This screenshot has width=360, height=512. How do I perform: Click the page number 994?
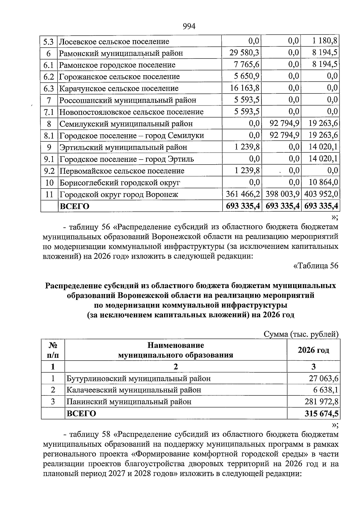(x=189, y=27)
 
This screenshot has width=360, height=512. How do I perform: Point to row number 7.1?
(x=49, y=112)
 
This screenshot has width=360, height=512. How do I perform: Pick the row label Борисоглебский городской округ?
(x=120, y=183)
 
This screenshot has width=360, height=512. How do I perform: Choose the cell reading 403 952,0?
(x=321, y=194)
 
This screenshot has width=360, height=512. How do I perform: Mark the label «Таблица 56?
(x=315, y=266)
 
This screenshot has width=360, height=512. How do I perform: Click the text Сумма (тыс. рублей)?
(x=301, y=334)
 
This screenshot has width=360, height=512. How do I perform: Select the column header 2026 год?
(x=313, y=350)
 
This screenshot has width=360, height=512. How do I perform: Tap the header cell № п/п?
(x=53, y=350)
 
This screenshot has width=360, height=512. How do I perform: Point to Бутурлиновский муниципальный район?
(x=138, y=378)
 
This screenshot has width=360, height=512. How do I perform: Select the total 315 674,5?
(x=321, y=414)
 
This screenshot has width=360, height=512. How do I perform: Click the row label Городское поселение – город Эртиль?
(x=126, y=159)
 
